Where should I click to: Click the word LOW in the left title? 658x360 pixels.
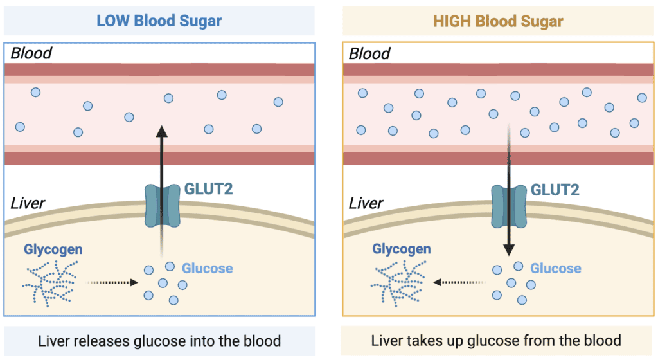112,21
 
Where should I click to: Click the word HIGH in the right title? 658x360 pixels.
452,21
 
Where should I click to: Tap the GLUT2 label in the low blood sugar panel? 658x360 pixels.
209,189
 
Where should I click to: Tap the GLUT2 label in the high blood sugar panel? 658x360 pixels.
555,190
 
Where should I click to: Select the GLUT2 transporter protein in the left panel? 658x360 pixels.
163,206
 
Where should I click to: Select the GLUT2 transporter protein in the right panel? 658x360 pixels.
509,206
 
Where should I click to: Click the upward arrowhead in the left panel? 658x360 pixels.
162,131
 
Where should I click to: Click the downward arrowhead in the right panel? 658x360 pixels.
509,250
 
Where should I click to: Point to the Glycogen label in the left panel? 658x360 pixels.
53,249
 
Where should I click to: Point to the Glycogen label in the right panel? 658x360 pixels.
402,249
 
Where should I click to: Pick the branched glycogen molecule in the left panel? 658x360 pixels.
50,283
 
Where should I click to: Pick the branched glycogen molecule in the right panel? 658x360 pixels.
398,283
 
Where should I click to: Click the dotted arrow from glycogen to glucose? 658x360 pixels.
112,282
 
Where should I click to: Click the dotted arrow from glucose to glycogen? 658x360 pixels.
459,282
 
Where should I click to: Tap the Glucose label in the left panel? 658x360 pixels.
208,268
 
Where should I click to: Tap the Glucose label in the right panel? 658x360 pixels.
556,268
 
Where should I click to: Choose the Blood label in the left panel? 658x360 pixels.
31,53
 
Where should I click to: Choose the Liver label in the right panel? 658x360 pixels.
366,204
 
